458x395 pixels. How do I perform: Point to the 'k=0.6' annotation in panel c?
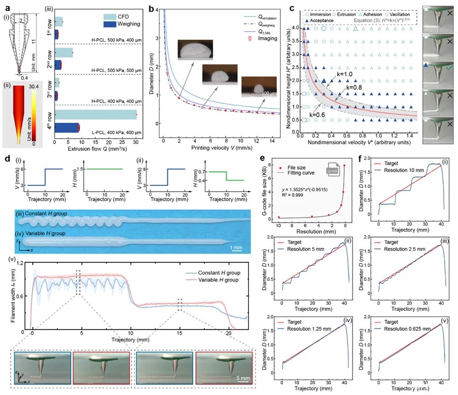(x=317, y=114)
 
